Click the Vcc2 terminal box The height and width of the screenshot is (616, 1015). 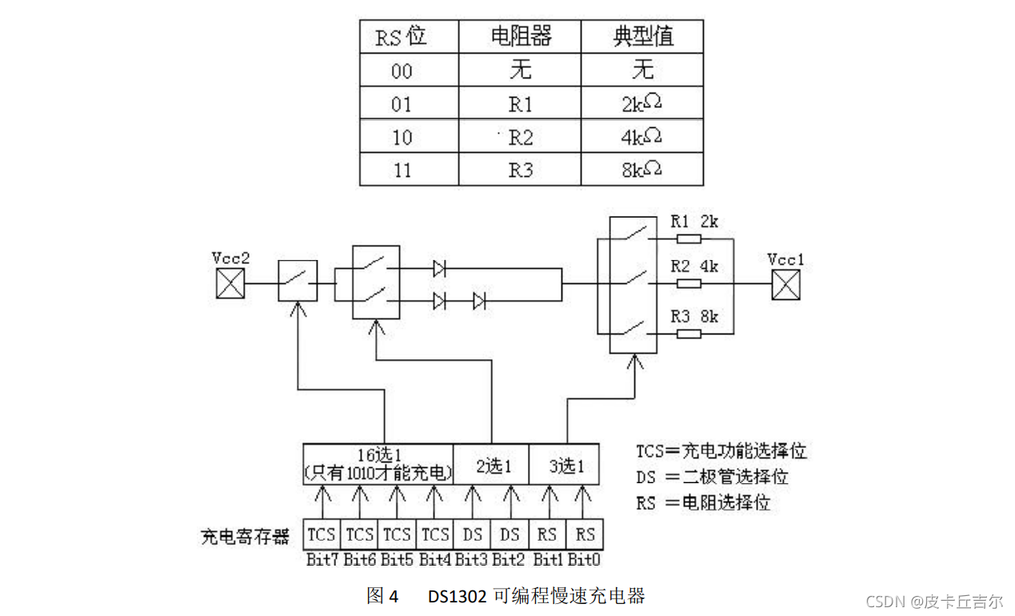230,284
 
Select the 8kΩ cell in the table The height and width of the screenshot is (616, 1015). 642,170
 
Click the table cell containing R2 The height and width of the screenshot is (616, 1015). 519,138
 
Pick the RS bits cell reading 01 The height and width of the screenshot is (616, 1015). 402,105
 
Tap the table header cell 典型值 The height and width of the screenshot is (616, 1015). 642,37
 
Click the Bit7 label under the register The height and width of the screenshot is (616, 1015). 322,559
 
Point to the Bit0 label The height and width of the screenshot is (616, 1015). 585,559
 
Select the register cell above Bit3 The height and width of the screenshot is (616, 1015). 472,534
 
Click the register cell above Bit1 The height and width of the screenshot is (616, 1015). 547,534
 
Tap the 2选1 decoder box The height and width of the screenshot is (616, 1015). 491,465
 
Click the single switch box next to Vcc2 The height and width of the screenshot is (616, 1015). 298,282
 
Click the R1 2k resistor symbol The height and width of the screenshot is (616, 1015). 688,238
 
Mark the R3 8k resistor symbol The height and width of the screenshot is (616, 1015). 688,334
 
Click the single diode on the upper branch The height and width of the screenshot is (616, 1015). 439,269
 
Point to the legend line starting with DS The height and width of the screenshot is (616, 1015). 712,477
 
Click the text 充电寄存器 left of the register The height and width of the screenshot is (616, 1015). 246,536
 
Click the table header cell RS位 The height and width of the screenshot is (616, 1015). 402,37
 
